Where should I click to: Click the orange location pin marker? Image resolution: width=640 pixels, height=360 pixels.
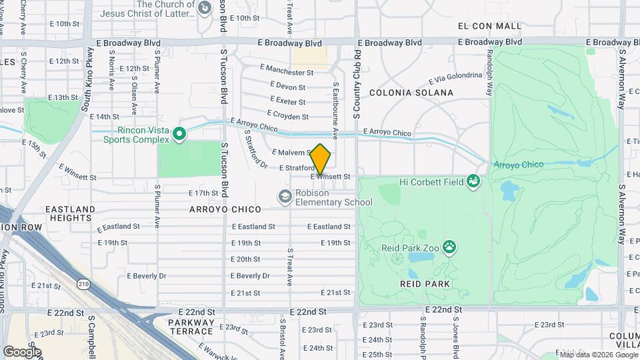321,159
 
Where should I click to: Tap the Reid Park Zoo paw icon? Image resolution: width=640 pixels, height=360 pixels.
451,248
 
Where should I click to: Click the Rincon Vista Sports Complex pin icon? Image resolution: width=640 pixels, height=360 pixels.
179,135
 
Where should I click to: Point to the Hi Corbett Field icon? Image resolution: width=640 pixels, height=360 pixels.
473,181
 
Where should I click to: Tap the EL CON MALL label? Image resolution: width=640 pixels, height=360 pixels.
489,26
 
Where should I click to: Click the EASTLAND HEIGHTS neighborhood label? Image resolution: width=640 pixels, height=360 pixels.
70,213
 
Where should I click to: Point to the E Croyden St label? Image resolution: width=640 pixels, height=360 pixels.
287,115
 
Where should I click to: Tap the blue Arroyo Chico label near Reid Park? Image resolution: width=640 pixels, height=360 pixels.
518,165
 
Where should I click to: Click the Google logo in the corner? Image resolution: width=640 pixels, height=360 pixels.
22,351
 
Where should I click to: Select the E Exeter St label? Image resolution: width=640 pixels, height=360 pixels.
288,101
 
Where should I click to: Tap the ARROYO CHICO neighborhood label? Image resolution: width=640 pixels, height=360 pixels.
234,209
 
